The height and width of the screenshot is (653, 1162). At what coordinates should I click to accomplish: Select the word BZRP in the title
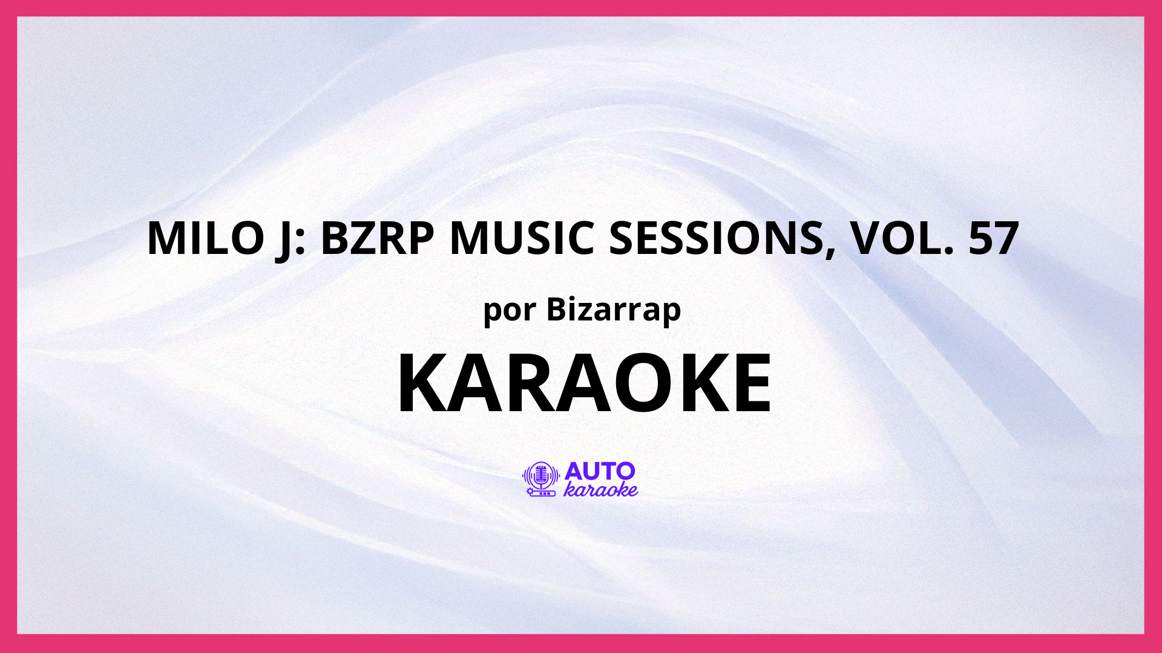click(x=377, y=238)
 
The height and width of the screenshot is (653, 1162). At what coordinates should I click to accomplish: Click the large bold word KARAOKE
click(x=584, y=383)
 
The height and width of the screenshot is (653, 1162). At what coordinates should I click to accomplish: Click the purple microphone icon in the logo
click(x=540, y=479)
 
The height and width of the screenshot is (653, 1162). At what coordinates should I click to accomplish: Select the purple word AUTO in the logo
click(x=591, y=472)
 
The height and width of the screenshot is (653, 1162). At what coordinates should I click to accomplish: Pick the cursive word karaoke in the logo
click(x=600, y=489)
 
